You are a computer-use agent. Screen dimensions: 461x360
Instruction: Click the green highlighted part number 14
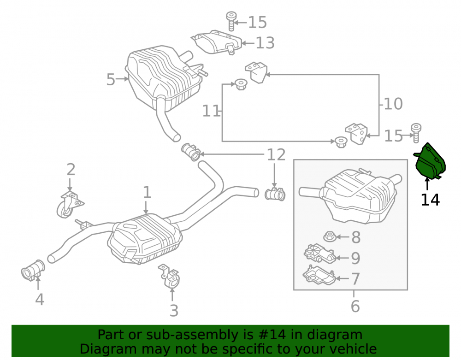[x=430, y=161]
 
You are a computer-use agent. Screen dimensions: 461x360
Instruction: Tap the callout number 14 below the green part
[x=430, y=200]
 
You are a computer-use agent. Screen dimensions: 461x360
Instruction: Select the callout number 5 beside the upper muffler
[x=111, y=80]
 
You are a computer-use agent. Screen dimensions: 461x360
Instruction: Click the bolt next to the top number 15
[x=231, y=21]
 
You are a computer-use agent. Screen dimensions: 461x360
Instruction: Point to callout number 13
[x=265, y=43]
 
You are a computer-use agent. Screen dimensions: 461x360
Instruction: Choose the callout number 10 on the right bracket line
[x=393, y=104]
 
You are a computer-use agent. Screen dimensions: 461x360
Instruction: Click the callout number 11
[x=211, y=111]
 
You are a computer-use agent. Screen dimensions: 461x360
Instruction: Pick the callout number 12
[x=276, y=155]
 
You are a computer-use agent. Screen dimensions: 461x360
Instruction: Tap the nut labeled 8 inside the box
[x=330, y=236]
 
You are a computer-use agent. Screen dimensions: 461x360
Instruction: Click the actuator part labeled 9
[x=319, y=254]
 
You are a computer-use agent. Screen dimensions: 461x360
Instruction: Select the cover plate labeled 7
[x=319, y=275]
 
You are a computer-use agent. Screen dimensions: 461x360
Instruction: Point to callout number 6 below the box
[x=355, y=306]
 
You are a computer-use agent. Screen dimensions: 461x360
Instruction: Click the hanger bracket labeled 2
[x=70, y=204]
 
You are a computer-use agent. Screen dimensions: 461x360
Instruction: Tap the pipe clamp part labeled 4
[x=33, y=270]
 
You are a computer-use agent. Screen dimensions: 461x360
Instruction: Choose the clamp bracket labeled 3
[x=170, y=276]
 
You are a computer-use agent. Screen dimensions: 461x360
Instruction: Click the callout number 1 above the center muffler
[x=147, y=192]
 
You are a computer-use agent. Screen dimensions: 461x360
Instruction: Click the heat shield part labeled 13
[x=217, y=42]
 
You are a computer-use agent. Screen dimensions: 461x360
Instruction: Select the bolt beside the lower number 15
[x=416, y=133]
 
